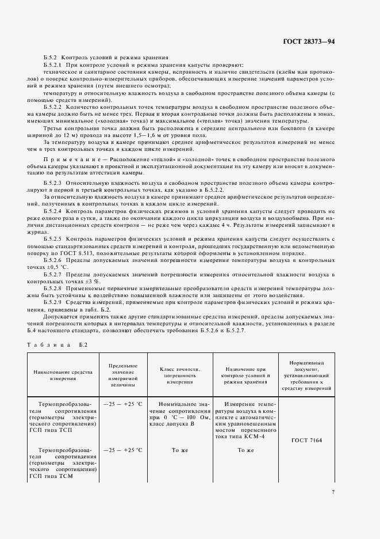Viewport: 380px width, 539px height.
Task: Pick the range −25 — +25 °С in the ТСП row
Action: [122, 405]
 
